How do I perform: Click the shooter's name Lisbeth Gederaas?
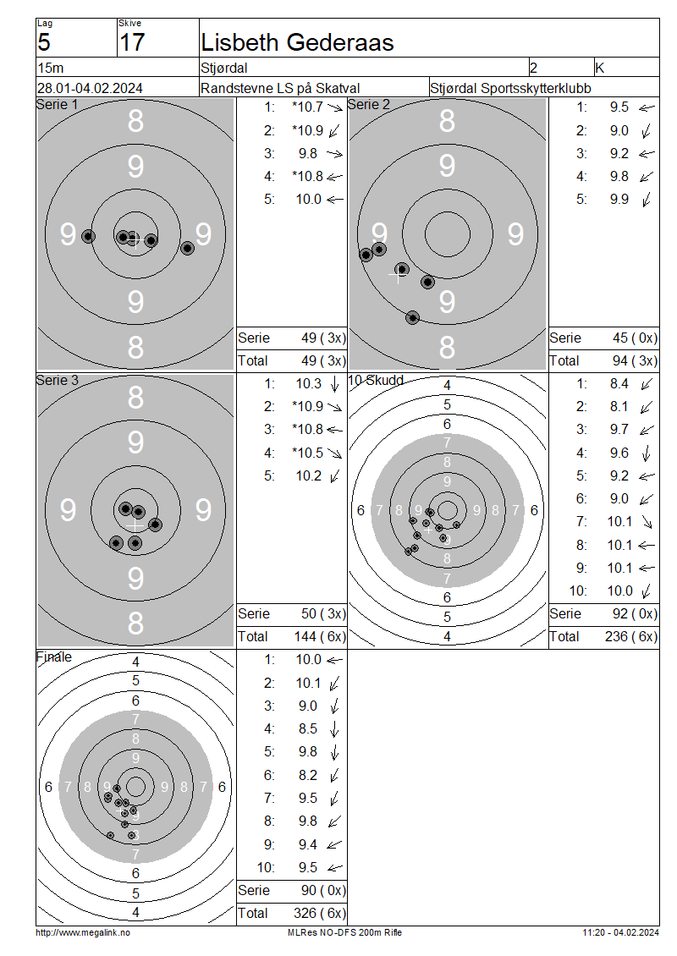point(297,42)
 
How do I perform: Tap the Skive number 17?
point(132,42)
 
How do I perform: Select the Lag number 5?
point(44,42)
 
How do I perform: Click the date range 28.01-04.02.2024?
point(90,88)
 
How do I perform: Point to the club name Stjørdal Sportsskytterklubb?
point(510,88)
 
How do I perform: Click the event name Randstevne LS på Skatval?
point(280,88)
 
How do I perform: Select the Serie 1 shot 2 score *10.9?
point(308,130)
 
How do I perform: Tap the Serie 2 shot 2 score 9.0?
point(619,130)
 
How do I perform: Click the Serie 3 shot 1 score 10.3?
point(309,383)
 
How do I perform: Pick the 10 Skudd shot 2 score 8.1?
point(619,407)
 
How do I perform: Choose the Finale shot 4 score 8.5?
point(308,729)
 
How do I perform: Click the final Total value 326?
point(305,913)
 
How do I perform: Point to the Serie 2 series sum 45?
point(620,338)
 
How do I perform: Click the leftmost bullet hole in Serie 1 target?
point(89,237)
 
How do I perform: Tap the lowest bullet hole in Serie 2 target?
point(413,317)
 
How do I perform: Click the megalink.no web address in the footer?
point(83,933)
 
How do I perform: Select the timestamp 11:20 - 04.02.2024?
point(621,933)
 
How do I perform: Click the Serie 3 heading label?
point(58,381)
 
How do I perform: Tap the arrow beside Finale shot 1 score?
point(335,660)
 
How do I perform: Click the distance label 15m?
point(51,68)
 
